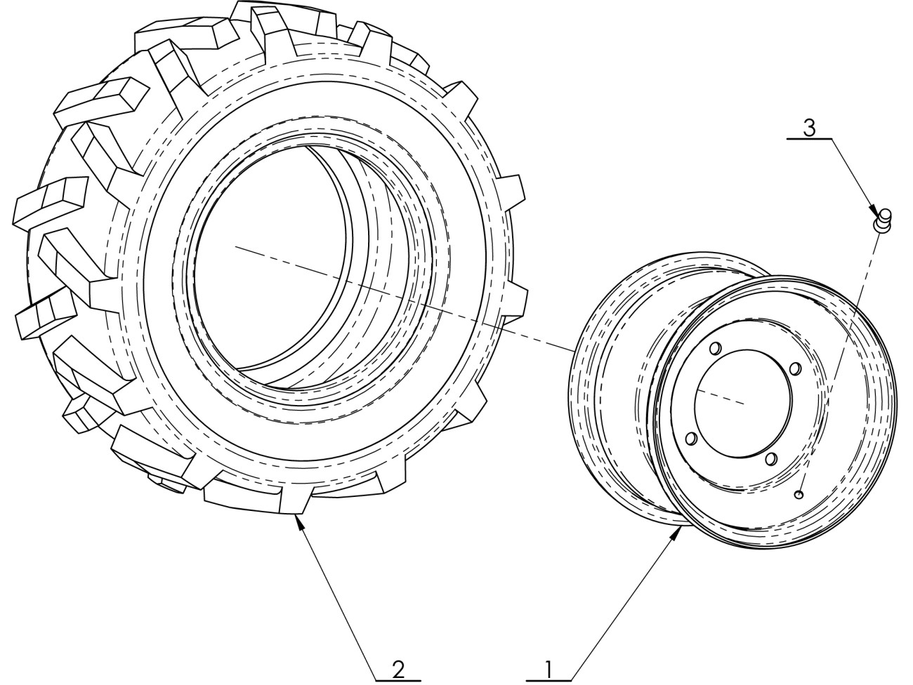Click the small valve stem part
(x=882, y=220)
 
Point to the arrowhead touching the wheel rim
(x=676, y=533)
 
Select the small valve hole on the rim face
(x=799, y=494)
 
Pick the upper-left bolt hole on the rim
(x=715, y=347)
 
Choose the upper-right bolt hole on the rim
(x=795, y=368)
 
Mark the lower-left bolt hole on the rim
(x=691, y=438)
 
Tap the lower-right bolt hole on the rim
(x=770, y=459)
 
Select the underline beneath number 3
(x=809, y=138)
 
